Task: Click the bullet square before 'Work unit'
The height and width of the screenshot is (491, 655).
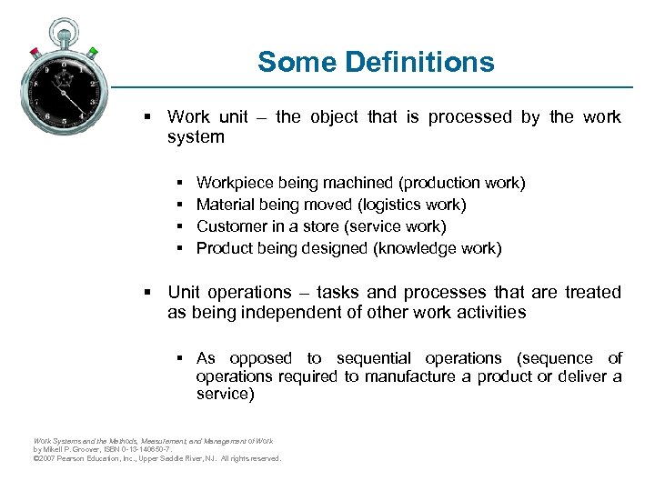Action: [x=146, y=116]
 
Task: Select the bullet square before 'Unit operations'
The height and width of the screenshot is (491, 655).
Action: [x=146, y=292]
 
